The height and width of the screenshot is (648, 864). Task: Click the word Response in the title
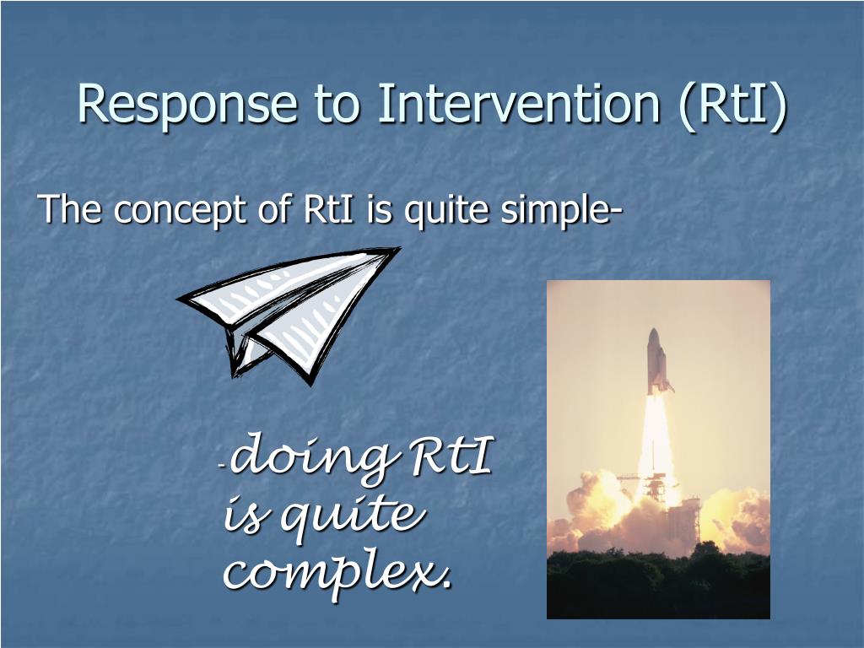[187, 105]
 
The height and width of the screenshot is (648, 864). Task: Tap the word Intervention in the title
[519, 103]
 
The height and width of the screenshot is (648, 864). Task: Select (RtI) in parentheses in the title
[733, 105]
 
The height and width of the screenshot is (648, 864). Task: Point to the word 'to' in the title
[337, 105]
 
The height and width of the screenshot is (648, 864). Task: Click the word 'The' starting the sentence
[70, 209]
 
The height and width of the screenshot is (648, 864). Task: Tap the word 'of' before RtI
[275, 209]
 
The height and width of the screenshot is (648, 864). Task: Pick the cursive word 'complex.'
[337, 573]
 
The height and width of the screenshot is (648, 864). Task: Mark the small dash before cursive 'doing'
[221, 467]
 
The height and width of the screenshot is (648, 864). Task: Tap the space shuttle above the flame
[658, 361]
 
